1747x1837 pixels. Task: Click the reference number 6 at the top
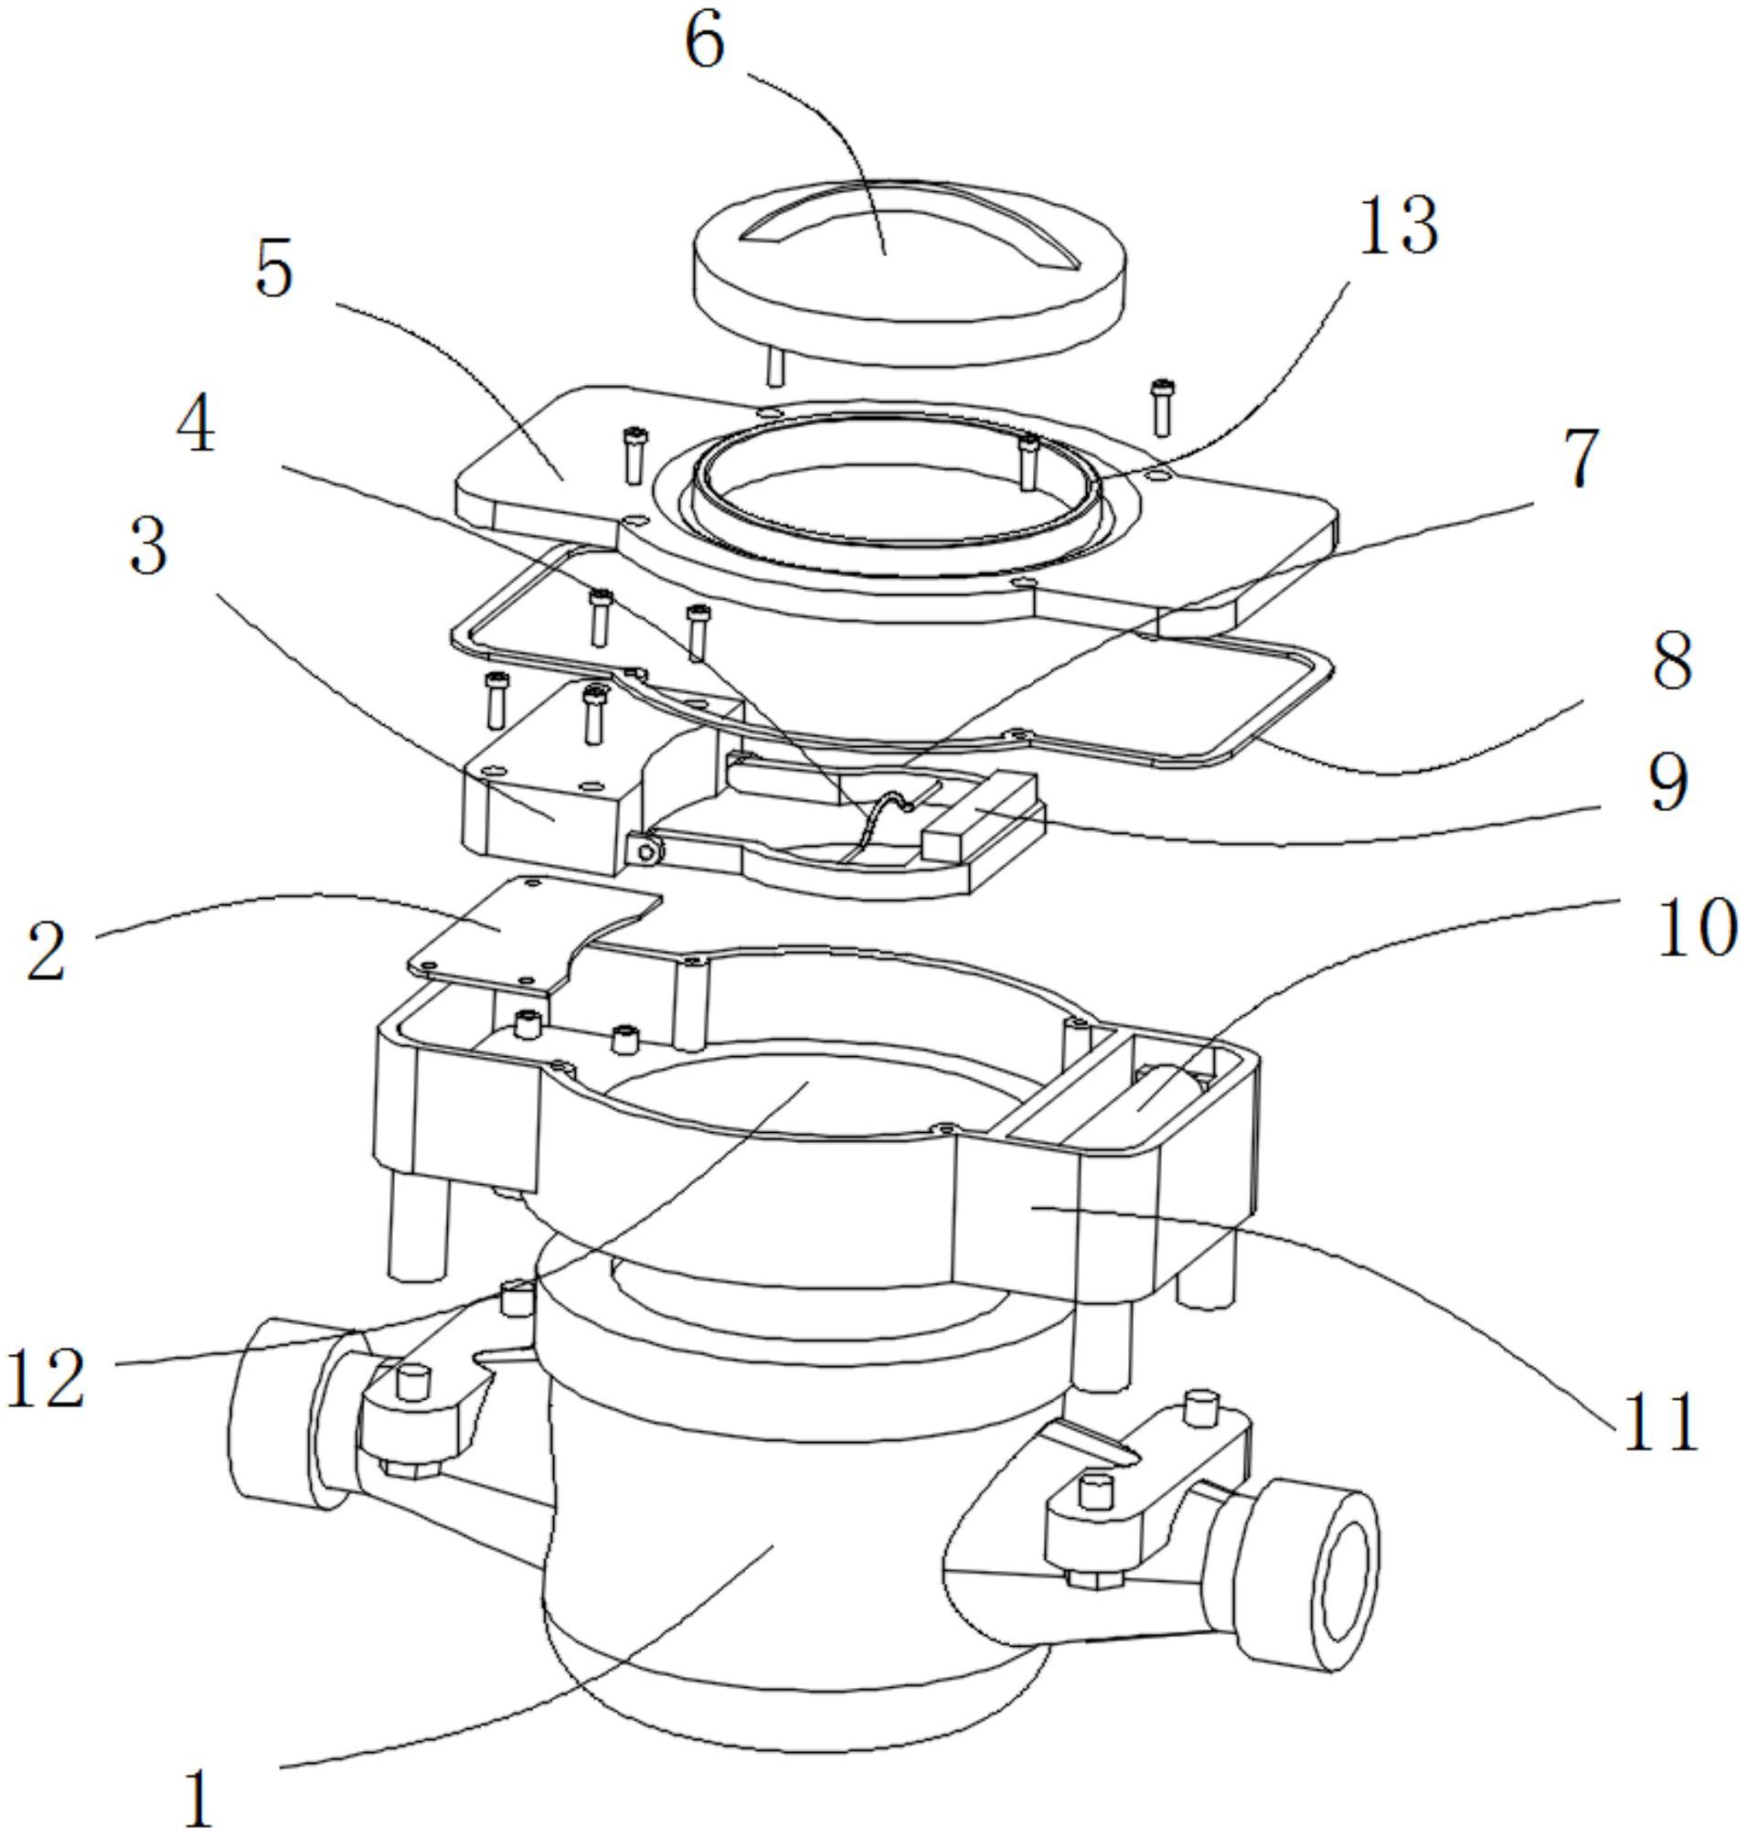click(704, 42)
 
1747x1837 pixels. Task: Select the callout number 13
click(1399, 226)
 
